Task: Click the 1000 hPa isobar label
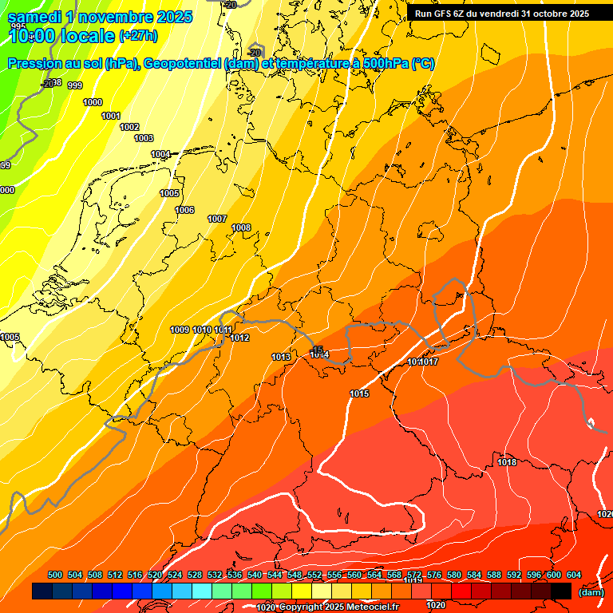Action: pyautogui.click(x=93, y=102)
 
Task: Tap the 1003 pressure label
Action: pyautogui.click(x=144, y=139)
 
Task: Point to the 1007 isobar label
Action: pyautogui.click(x=217, y=219)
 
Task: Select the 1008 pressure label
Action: pyautogui.click(x=241, y=228)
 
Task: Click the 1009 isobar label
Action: pyautogui.click(x=180, y=330)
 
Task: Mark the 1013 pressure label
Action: pyautogui.click(x=281, y=357)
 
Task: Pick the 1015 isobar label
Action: pyautogui.click(x=359, y=394)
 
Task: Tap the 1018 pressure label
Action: pyautogui.click(x=507, y=462)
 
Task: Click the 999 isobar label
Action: pyautogui.click(x=75, y=85)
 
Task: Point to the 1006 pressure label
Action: pyautogui.click(x=184, y=210)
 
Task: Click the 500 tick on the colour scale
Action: pyautogui.click(x=55, y=575)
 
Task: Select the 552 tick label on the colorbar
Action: pyautogui.click(x=314, y=575)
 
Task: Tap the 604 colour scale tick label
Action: pyautogui.click(x=574, y=575)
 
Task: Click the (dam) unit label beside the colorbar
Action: pyautogui.click(x=591, y=592)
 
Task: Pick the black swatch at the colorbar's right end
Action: pyautogui.click(x=561, y=591)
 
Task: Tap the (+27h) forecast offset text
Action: pyautogui.click(x=138, y=36)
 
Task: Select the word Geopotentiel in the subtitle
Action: pyautogui.click(x=183, y=64)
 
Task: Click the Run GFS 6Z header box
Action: pyautogui.click(x=502, y=14)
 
